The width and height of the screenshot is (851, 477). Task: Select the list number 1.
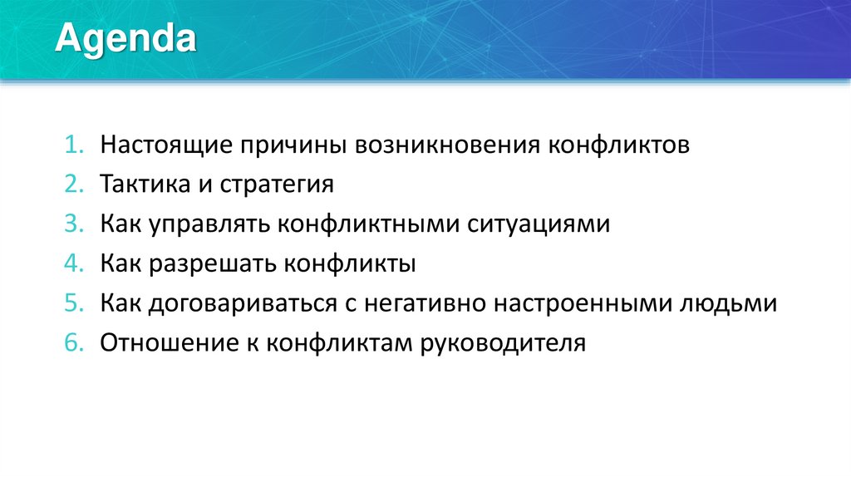pos(71,145)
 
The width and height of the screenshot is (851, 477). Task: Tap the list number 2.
pos(71,184)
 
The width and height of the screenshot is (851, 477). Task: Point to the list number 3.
pos(71,224)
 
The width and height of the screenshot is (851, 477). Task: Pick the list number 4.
pos(71,264)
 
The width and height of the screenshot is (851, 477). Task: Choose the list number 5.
pos(71,304)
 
